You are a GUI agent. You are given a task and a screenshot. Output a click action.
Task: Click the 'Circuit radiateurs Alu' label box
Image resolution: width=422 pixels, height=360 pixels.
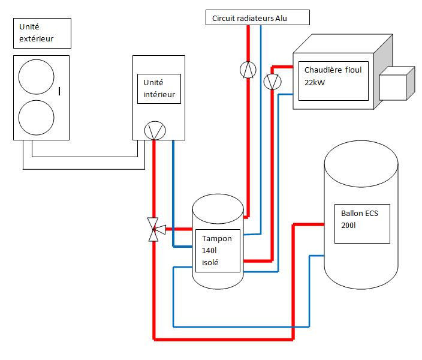tap(257, 18)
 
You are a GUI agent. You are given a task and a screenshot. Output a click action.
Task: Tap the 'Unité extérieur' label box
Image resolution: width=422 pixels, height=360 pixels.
tap(41, 33)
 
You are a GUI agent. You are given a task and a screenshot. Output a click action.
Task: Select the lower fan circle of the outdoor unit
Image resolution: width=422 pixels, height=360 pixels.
tap(37, 118)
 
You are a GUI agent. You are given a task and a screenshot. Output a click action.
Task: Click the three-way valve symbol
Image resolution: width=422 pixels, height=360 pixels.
tap(154, 229)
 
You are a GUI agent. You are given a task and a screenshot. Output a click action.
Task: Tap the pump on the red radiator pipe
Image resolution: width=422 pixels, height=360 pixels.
tap(247, 70)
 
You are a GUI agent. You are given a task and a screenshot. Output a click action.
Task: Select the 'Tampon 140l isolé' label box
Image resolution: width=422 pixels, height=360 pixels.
tap(218, 250)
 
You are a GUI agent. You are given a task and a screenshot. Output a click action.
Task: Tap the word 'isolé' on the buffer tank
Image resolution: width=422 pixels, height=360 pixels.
tap(212, 262)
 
